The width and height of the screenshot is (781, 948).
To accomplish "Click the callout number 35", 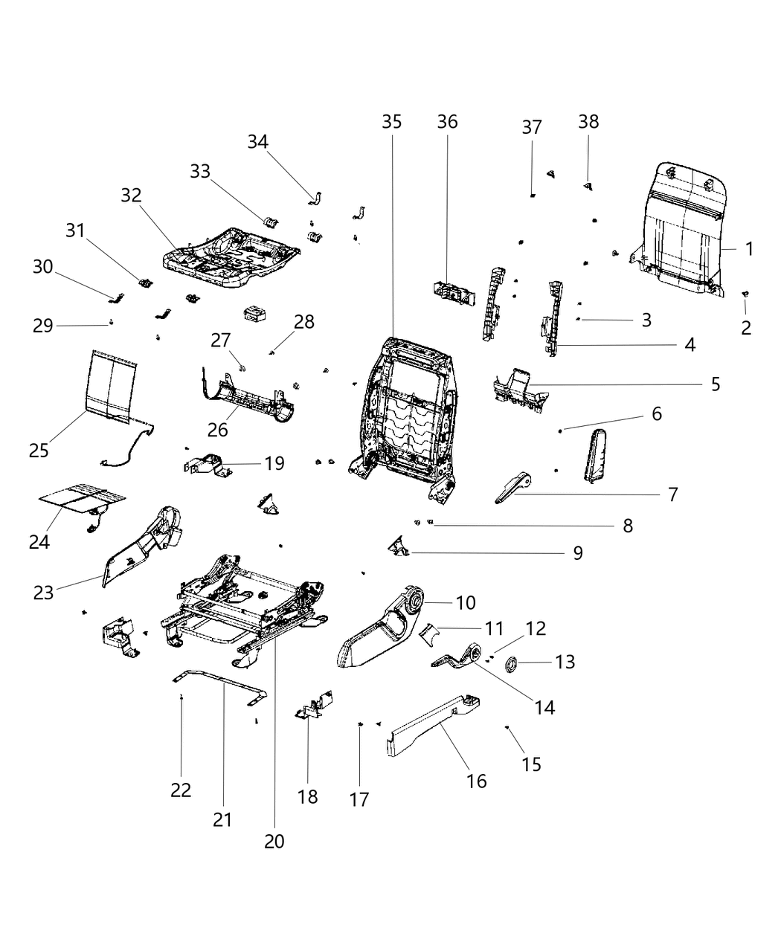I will (x=391, y=121).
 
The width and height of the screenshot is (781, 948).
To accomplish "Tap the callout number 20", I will (x=274, y=841).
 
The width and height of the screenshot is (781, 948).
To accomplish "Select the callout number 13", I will (x=565, y=661).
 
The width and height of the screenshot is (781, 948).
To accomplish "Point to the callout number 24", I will (x=39, y=542).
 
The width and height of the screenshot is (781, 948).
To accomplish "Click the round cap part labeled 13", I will (x=512, y=663).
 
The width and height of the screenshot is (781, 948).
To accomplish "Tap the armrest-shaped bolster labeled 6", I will (x=597, y=456).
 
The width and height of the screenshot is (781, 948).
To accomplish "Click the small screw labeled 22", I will (x=182, y=697).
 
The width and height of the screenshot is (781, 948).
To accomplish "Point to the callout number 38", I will (x=588, y=121).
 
